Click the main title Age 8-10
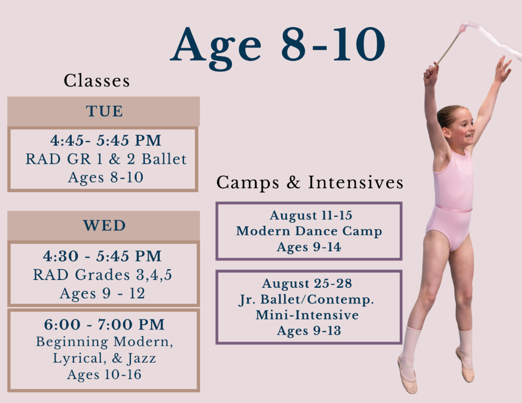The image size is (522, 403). coord(278,47)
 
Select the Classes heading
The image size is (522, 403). coord(97,80)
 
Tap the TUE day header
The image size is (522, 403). coord(104,111)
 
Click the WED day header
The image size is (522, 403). coord(104,225)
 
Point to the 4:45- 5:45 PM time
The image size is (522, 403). coord(106,140)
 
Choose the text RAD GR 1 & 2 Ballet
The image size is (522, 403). coord(106,159)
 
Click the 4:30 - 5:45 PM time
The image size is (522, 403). coord(102,256)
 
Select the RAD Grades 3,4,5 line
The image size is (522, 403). coord(103,275)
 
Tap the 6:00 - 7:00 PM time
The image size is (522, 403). coord(104,324)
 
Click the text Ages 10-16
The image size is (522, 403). coord(104,375)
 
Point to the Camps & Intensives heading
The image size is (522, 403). coord(310,183)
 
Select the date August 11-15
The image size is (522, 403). coord(311,215)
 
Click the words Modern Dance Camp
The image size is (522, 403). coord(309,231)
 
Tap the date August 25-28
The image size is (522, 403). coord(307,283)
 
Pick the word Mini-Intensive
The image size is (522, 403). coord(307,315)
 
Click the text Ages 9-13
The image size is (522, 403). coord(309,331)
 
